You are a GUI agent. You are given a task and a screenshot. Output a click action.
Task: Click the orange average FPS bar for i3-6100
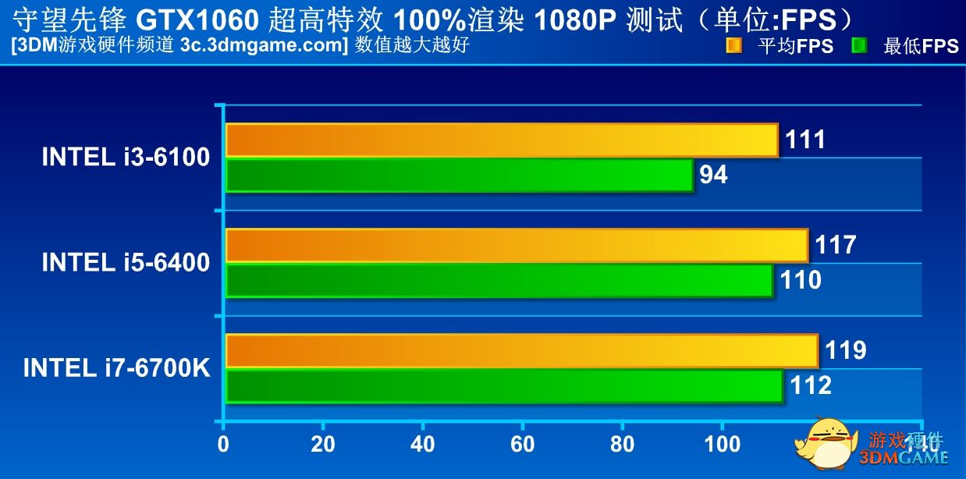(x=501, y=140)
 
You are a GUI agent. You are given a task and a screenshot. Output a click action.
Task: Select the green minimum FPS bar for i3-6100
(x=459, y=175)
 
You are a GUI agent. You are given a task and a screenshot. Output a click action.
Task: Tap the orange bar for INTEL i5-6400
(x=516, y=246)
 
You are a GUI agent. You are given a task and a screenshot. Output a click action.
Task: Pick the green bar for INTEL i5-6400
(x=499, y=280)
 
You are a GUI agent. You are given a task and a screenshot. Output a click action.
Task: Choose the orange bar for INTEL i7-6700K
(x=521, y=351)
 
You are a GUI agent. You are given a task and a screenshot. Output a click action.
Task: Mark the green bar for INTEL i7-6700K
(x=503, y=385)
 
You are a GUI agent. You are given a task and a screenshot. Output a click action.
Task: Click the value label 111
(x=804, y=140)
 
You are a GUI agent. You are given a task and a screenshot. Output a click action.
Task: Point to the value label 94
(x=713, y=176)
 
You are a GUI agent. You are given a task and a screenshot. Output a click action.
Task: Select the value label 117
(x=835, y=246)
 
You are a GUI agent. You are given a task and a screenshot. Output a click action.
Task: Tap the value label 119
(x=845, y=351)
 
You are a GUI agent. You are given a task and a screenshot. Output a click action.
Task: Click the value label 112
(x=810, y=385)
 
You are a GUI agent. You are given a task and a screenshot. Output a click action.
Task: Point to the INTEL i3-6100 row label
(x=126, y=158)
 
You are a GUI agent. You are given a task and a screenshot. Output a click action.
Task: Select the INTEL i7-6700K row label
(x=117, y=368)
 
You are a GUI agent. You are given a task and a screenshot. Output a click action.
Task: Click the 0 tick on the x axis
(x=224, y=445)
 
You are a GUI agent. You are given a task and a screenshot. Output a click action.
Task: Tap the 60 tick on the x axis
(x=522, y=445)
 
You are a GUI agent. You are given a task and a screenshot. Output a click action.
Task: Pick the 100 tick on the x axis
(x=722, y=445)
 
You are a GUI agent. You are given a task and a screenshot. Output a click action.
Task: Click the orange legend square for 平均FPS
(x=733, y=45)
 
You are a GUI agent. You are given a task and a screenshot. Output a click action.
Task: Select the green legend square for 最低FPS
(x=860, y=45)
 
